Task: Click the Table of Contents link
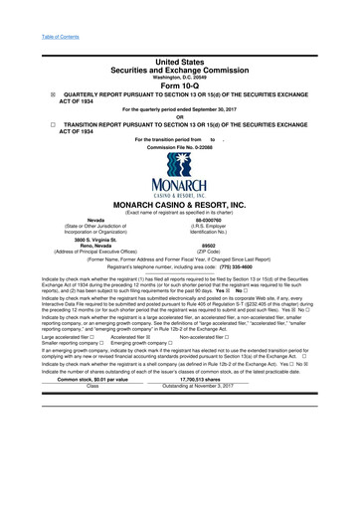pyautogui.click(x=32, y=9)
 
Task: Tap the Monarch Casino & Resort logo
pyautogui.click(x=180, y=190)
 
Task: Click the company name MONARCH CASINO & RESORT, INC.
pyautogui.click(x=180, y=233)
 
